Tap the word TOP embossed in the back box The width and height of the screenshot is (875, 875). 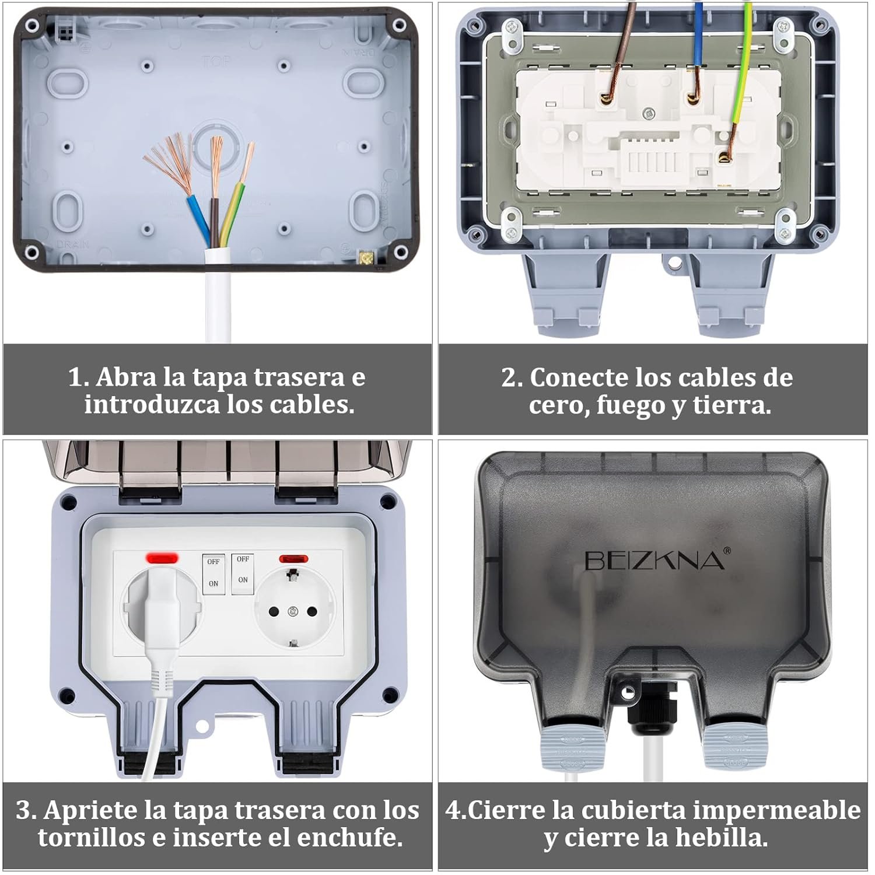click(x=216, y=61)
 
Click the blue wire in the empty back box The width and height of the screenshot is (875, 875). click(x=198, y=219)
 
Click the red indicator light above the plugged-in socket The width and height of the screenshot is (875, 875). click(x=162, y=558)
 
